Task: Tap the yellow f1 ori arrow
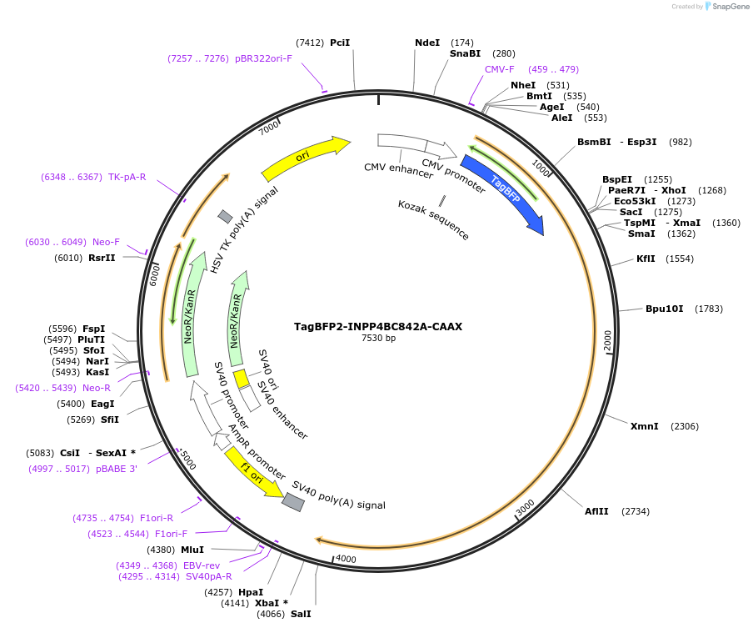[253, 473]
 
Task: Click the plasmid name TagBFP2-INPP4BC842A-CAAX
[378, 327]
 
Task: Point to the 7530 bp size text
[378, 339]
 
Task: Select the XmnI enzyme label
[644, 426]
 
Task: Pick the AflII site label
[596, 511]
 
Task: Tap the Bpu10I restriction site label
[664, 309]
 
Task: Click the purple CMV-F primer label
[500, 69]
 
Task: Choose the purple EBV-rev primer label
[202, 565]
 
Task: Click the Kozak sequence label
[433, 219]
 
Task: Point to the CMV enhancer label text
[398, 170]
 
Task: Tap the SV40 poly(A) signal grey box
[293, 501]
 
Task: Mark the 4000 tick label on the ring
[345, 559]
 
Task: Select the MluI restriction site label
[192, 550]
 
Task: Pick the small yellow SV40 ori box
[241, 379]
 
